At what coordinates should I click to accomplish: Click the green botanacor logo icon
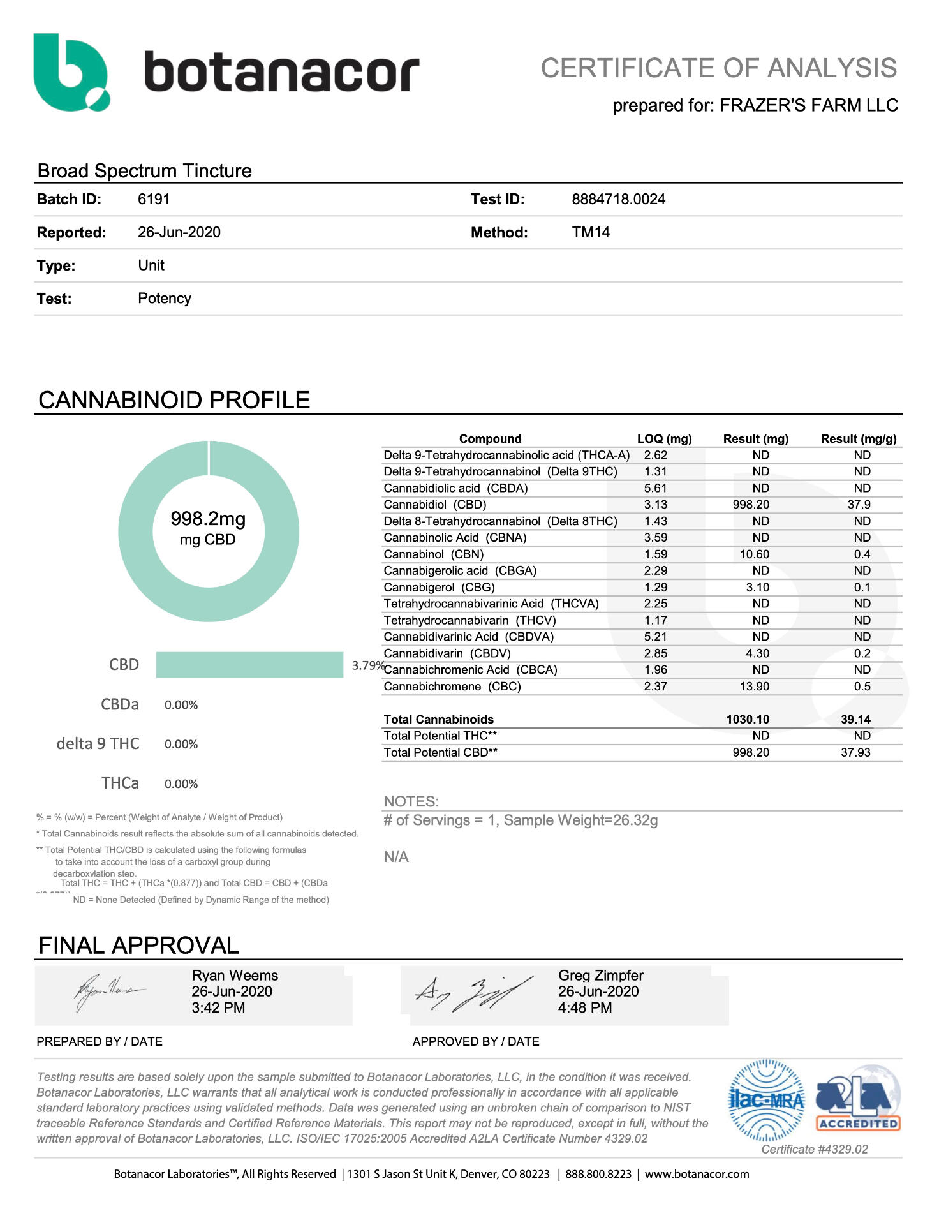click(70, 72)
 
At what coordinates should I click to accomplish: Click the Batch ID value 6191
click(154, 199)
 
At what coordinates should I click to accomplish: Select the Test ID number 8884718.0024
click(618, 199)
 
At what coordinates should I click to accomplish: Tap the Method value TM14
click(591, 232)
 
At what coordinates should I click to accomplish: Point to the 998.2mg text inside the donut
click(208, 519)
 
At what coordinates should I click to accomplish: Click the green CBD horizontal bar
click(249, 665)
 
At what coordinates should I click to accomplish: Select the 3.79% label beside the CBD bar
click(367, 665)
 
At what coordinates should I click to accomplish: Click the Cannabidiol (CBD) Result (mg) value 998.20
click(751, 505)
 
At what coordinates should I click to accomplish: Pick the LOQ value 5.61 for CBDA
click(655, 488)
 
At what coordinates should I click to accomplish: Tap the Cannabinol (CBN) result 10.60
click(754, 554)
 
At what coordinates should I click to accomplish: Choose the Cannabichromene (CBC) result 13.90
click(754, 687)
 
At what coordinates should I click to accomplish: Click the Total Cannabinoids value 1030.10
click(748, 719)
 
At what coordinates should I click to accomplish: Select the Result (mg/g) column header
click(858, 439)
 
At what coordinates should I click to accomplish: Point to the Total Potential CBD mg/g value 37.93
click(855, 752)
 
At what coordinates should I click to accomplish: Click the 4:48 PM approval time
click(585, 1007)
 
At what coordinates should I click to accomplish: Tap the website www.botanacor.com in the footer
click(697, 1174)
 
